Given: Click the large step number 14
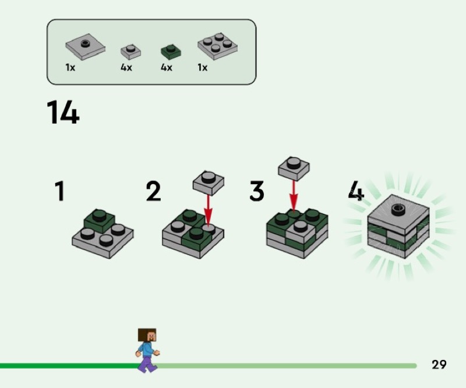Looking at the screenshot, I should (62, 112).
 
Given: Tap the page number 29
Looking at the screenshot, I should (439, 365).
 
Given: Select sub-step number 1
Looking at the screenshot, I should (59, 192).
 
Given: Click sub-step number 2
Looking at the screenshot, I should (153, 192).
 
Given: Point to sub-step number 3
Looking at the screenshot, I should (256, 192).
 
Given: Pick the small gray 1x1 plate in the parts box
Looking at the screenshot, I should (130, 51).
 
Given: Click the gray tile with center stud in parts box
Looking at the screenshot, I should (85, 47).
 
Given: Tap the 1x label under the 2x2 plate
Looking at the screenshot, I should (202, 68).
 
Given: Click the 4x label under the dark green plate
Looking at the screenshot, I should (167, 68).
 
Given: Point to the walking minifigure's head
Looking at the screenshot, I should (147, 335).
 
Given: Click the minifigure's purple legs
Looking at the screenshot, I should (148, 364).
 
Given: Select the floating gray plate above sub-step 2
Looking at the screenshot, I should (208, 181).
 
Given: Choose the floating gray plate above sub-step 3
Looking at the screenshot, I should (294, 167).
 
